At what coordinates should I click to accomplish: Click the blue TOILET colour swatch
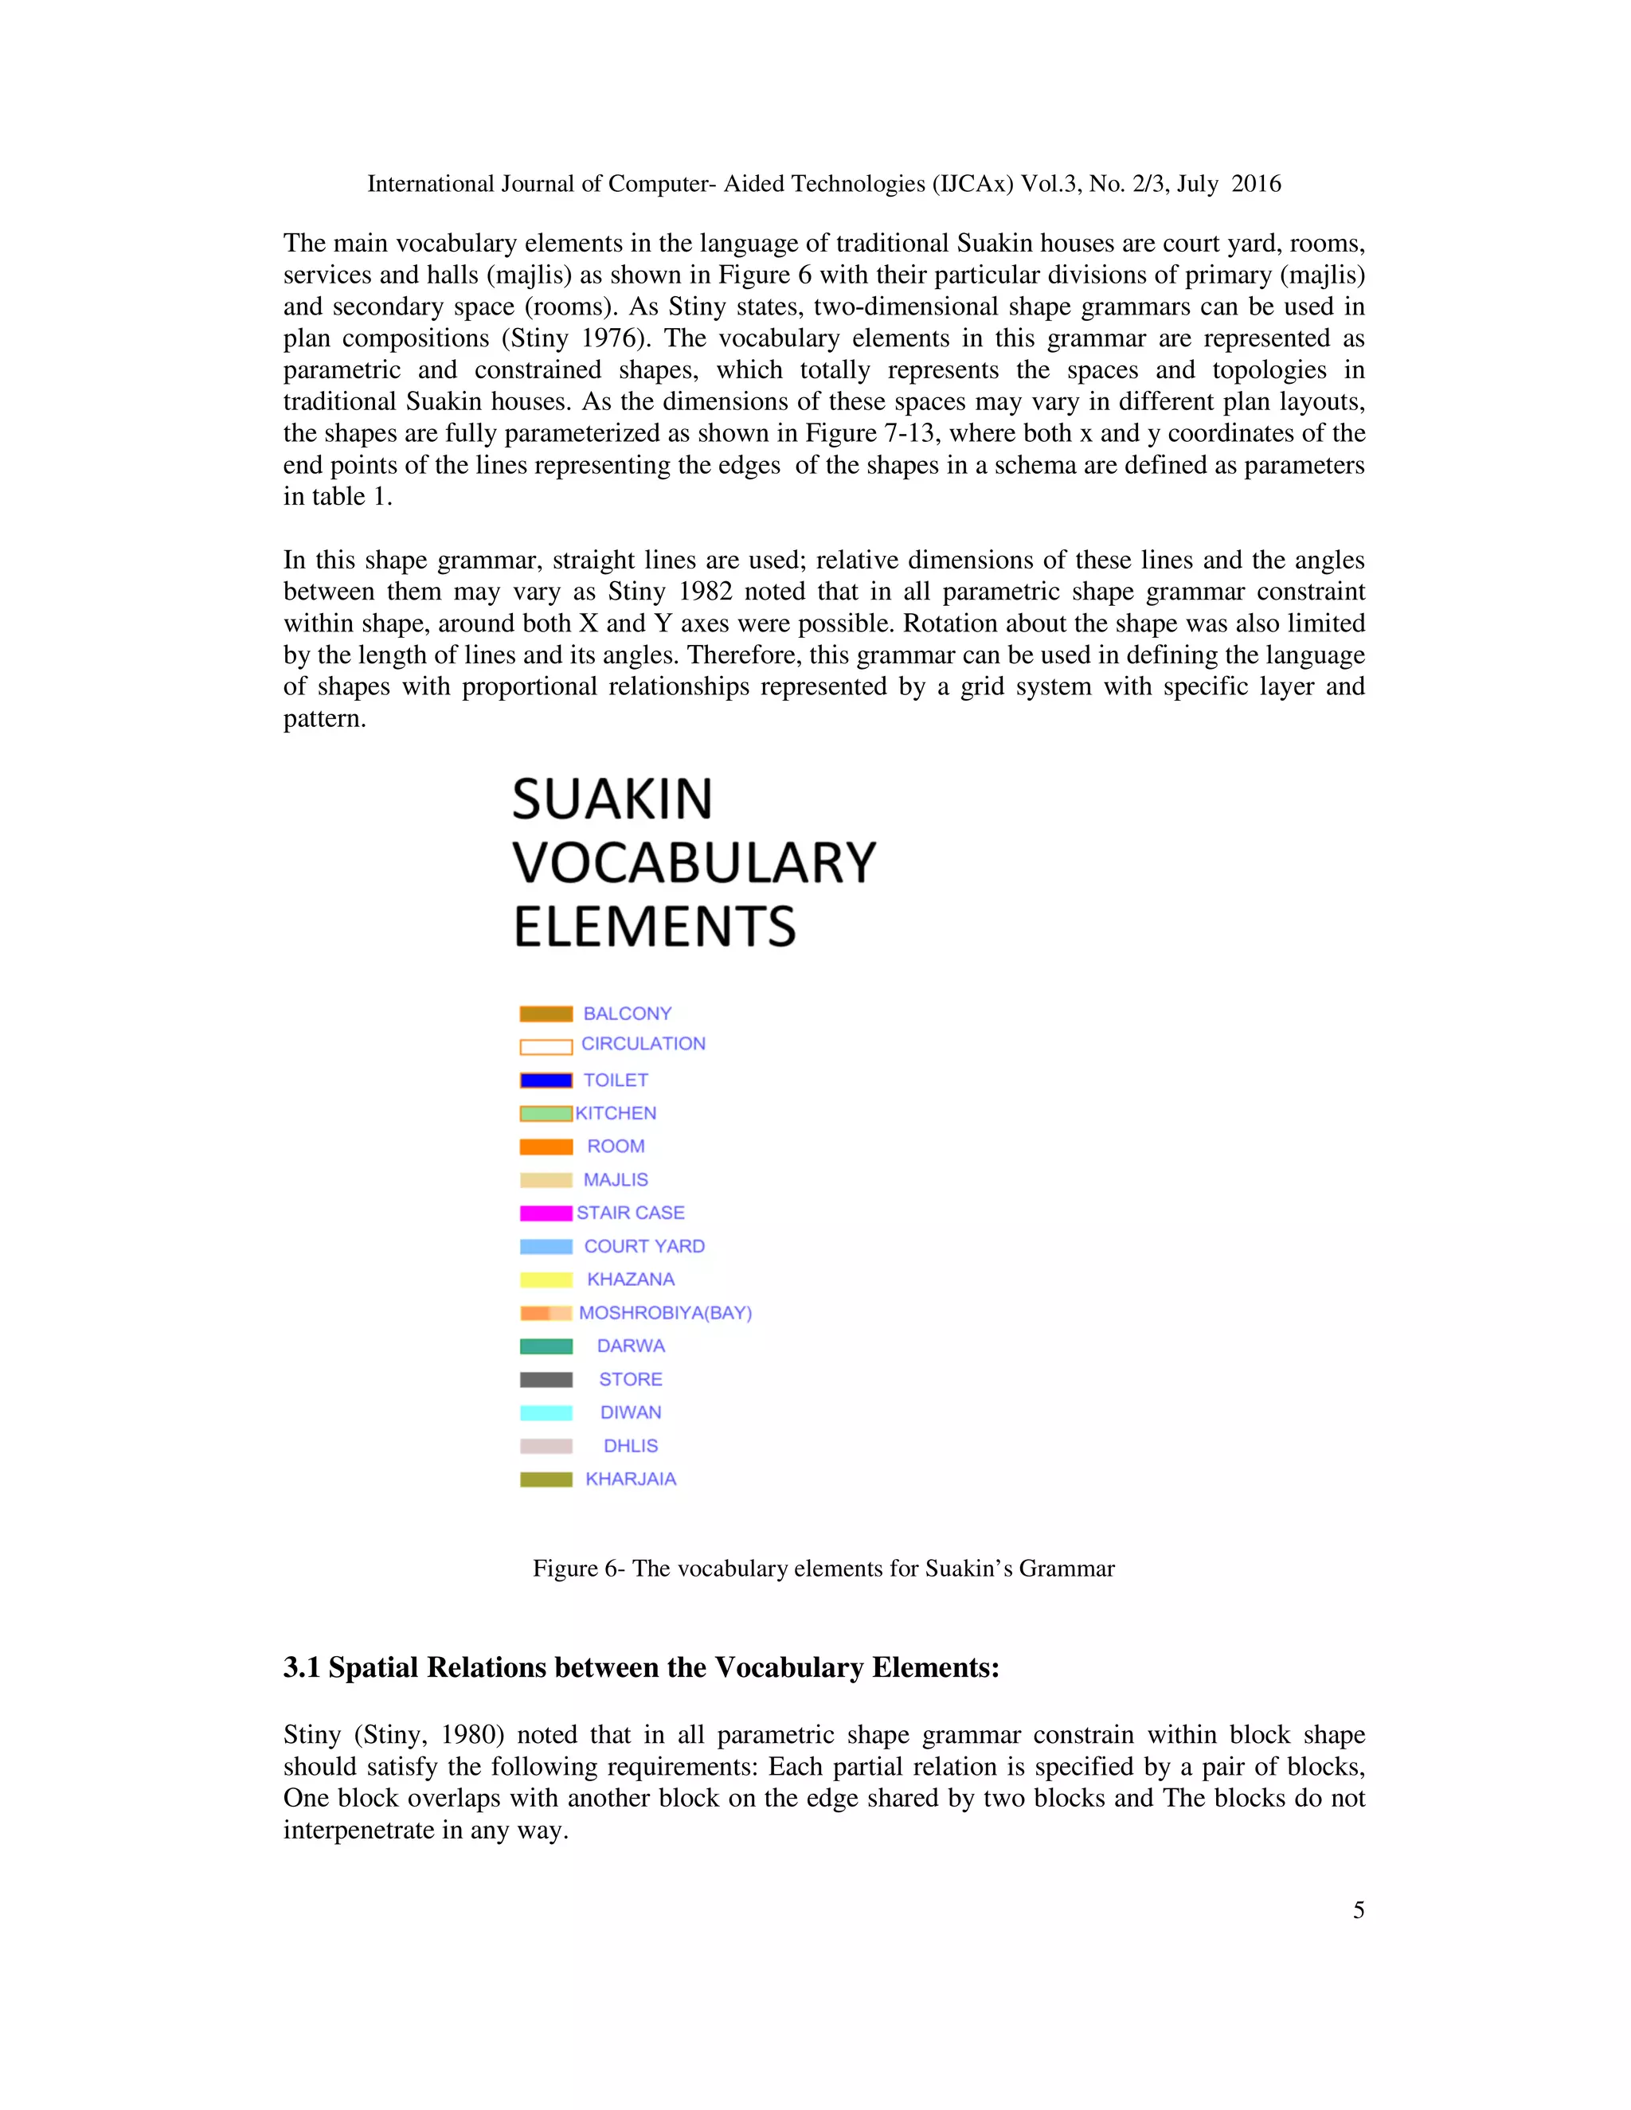546,1080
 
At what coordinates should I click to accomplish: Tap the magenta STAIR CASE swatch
546,1213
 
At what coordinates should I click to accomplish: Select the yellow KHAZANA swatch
546,1280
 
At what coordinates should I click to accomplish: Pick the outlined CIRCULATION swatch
546,1046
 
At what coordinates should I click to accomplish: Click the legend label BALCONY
627,1014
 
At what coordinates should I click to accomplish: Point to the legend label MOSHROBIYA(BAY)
665,1313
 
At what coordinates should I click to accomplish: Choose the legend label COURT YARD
644,1246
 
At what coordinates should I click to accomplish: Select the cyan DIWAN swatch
546,1413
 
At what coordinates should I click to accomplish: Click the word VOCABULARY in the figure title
694,863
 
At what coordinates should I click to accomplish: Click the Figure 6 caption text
823,1568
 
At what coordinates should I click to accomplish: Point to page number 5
1358,1910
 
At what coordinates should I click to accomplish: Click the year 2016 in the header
1255,184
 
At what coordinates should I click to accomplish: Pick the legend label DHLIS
630,1446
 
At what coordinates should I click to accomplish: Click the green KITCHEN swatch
546,1114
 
